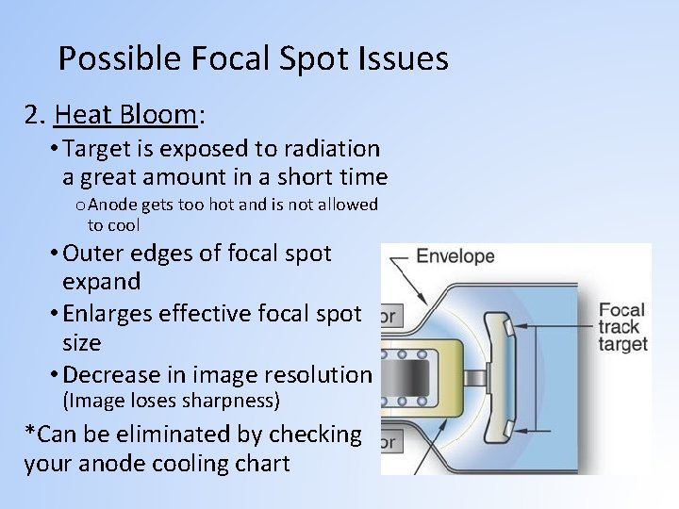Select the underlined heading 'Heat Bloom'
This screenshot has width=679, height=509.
126,115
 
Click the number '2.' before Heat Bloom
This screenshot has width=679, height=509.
36,115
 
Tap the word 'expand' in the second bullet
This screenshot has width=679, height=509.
101,281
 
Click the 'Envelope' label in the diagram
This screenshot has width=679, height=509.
455,256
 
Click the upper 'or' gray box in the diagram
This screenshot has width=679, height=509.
388,317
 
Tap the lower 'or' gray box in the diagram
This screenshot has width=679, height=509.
388,440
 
